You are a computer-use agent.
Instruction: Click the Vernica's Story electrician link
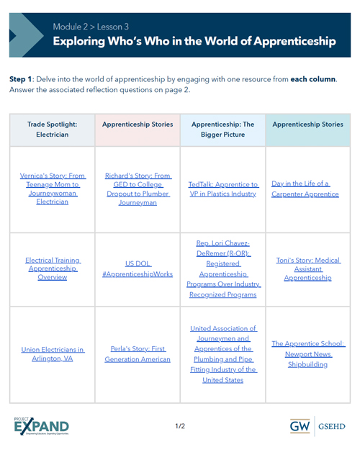(51, 189)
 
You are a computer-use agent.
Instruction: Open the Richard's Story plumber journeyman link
(137, 189)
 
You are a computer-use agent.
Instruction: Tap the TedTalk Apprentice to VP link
(222, 189)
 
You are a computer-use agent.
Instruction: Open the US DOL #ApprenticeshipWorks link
(137, 268)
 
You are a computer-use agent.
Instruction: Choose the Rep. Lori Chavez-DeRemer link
(222, 268)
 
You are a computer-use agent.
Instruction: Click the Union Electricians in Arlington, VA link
(53, 354)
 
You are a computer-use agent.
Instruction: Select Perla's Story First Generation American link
(137, 354)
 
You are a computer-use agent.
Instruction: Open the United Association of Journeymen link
(222, 353)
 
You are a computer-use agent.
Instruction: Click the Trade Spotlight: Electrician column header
(51, 129)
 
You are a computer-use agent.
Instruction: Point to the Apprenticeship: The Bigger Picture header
(222, 129)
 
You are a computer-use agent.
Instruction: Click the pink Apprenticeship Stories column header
(137, 124)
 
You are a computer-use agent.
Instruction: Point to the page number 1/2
(180, 427)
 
